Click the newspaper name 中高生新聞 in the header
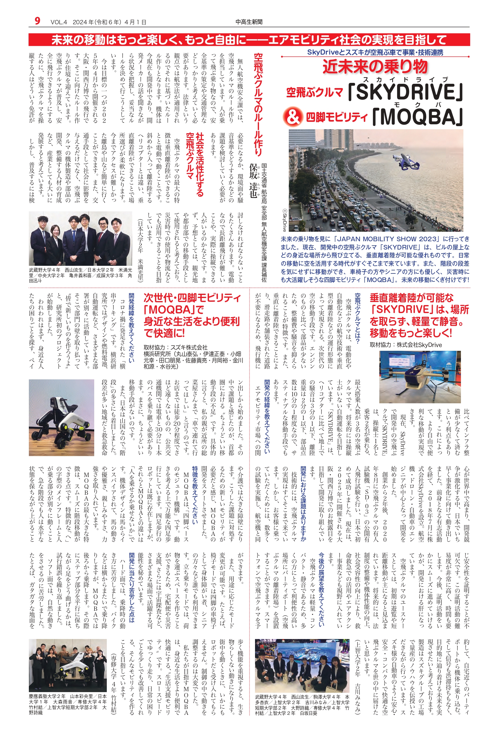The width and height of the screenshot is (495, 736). pos(249,22)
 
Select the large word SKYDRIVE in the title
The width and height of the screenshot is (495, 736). pos(406,92)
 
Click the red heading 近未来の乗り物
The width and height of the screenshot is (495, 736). pos(375,67)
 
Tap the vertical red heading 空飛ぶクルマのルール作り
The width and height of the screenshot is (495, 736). pos(258,104)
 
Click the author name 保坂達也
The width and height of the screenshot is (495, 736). pos(253,180)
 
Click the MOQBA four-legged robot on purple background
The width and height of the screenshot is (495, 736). pos(62,417)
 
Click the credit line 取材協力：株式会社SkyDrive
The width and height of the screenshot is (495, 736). pos(406,345)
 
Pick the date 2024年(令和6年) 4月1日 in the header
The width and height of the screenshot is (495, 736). pos(109,22)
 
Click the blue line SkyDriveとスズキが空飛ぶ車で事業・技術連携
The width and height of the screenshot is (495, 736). pos(375,52)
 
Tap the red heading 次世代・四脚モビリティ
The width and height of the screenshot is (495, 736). pos(192,298)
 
